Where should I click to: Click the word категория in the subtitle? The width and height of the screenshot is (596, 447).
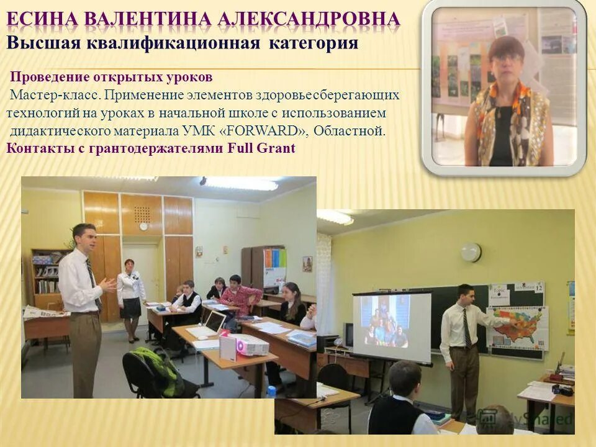click(x=314, y=43)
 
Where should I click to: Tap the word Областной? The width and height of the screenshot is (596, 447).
click(x=350, y=131)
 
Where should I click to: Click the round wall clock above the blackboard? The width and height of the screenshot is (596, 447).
click(x=471, y=251)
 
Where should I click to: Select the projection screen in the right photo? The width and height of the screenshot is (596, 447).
click(x=392, y=327)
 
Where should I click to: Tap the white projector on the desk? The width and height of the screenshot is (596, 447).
click(x=243, y=345)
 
